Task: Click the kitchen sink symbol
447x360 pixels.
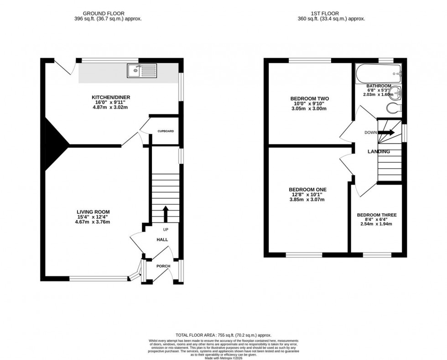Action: pyautogui.click(x=143, y=71)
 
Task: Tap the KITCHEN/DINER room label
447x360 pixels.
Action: pyautogui.click(x=108, y=98)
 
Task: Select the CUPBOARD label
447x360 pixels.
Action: pyautogui.click(x=165, y=131)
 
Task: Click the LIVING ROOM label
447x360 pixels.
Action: pyautogui.click(x=93, y=211)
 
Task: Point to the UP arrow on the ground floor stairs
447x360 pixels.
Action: pyautogui.click(x=165, y=213)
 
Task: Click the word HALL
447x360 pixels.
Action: pyautogui.click(x=162, y=239)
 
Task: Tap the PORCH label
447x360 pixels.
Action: pyautogui.click(x=163, y=266)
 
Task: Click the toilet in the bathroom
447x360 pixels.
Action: pyautogui.click(x=393, y=108)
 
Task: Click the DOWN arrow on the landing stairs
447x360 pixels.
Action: pyautogui.click(x=386, y=133)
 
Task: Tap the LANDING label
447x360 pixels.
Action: pyautogui.click(x=379, y=152)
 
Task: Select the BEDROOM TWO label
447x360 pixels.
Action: pyautogui.click(x=309, y=98)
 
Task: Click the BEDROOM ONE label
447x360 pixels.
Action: pyautogui.click(x=307, y=190)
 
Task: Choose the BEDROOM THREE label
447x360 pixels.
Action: pyautogui.click(x=376, y=215)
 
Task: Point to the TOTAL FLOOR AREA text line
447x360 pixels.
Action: pyautogui.click(x=223, y=334)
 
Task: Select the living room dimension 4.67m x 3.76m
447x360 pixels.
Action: pyautogui.click(x=93, y=222)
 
